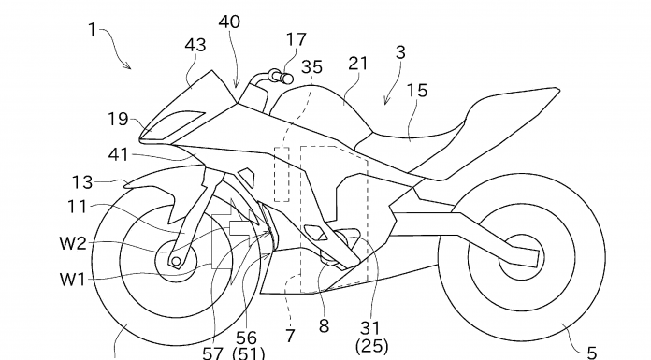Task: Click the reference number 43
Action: click(x=195, y=45)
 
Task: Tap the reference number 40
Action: click(x=229, y=22)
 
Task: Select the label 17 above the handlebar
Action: click(x=297, y=40)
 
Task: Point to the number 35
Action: click(x=311, y=66)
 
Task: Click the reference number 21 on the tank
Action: click(x=358, y=64)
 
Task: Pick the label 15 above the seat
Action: click(x=417, y=91)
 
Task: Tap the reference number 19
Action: click(x=119, y=119)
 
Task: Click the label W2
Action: click(x=73, y=243)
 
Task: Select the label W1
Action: click(x=73, y=280)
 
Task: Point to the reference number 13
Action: click(x=82, y=182)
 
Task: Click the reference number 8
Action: click(x=325, y=326)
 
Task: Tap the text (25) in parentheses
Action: click(x=372, y=346)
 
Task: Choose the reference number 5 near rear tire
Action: click(x=592, y=353)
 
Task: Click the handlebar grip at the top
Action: click(x=282, y=77)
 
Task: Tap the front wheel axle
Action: click(x=176, y=261)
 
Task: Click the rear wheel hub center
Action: click(x=521, y=257)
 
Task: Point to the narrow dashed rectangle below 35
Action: click(x=282, y=175)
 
